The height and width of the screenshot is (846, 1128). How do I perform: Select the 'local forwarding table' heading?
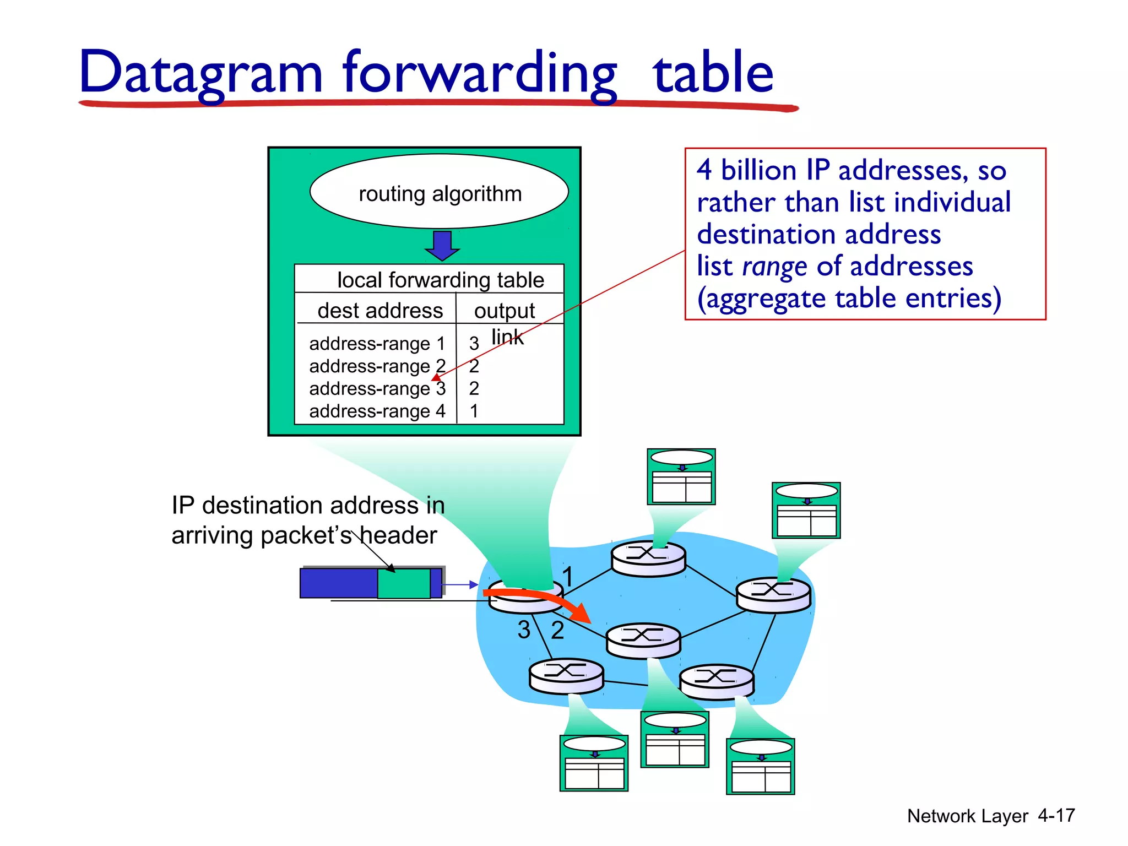pyautogui.click(x=440, y=280)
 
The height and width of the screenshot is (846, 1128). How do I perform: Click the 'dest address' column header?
pyautogui.click(x=380, y=311)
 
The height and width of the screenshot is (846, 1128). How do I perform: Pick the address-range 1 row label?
pyautogui.click(x=377, y=344)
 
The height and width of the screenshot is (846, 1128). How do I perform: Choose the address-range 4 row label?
pyautogui.click(x=377, y=411)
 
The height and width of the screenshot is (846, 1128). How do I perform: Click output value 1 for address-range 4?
pyautogui.click(x=474, y=411)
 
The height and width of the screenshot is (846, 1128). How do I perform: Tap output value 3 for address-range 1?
pyautogui.click(x=474, y=344)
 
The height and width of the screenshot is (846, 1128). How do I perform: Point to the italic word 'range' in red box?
pyautogui.click(x=774, y=267)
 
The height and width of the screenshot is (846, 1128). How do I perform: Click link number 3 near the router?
pyautogui.click(x=524, y=630)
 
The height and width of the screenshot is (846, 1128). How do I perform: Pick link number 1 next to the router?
pyautogui.click(x=568, y=577)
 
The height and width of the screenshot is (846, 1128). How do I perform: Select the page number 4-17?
pyautogui.click(x=1056, y=816)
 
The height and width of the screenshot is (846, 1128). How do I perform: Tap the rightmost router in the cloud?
pyautogui.click(x=773, y=595)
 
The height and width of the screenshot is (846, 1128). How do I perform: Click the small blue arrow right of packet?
pyautogui.click(x=460, y=584)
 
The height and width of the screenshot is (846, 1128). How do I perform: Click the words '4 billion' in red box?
pyautogui.click(x=747, y=170)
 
